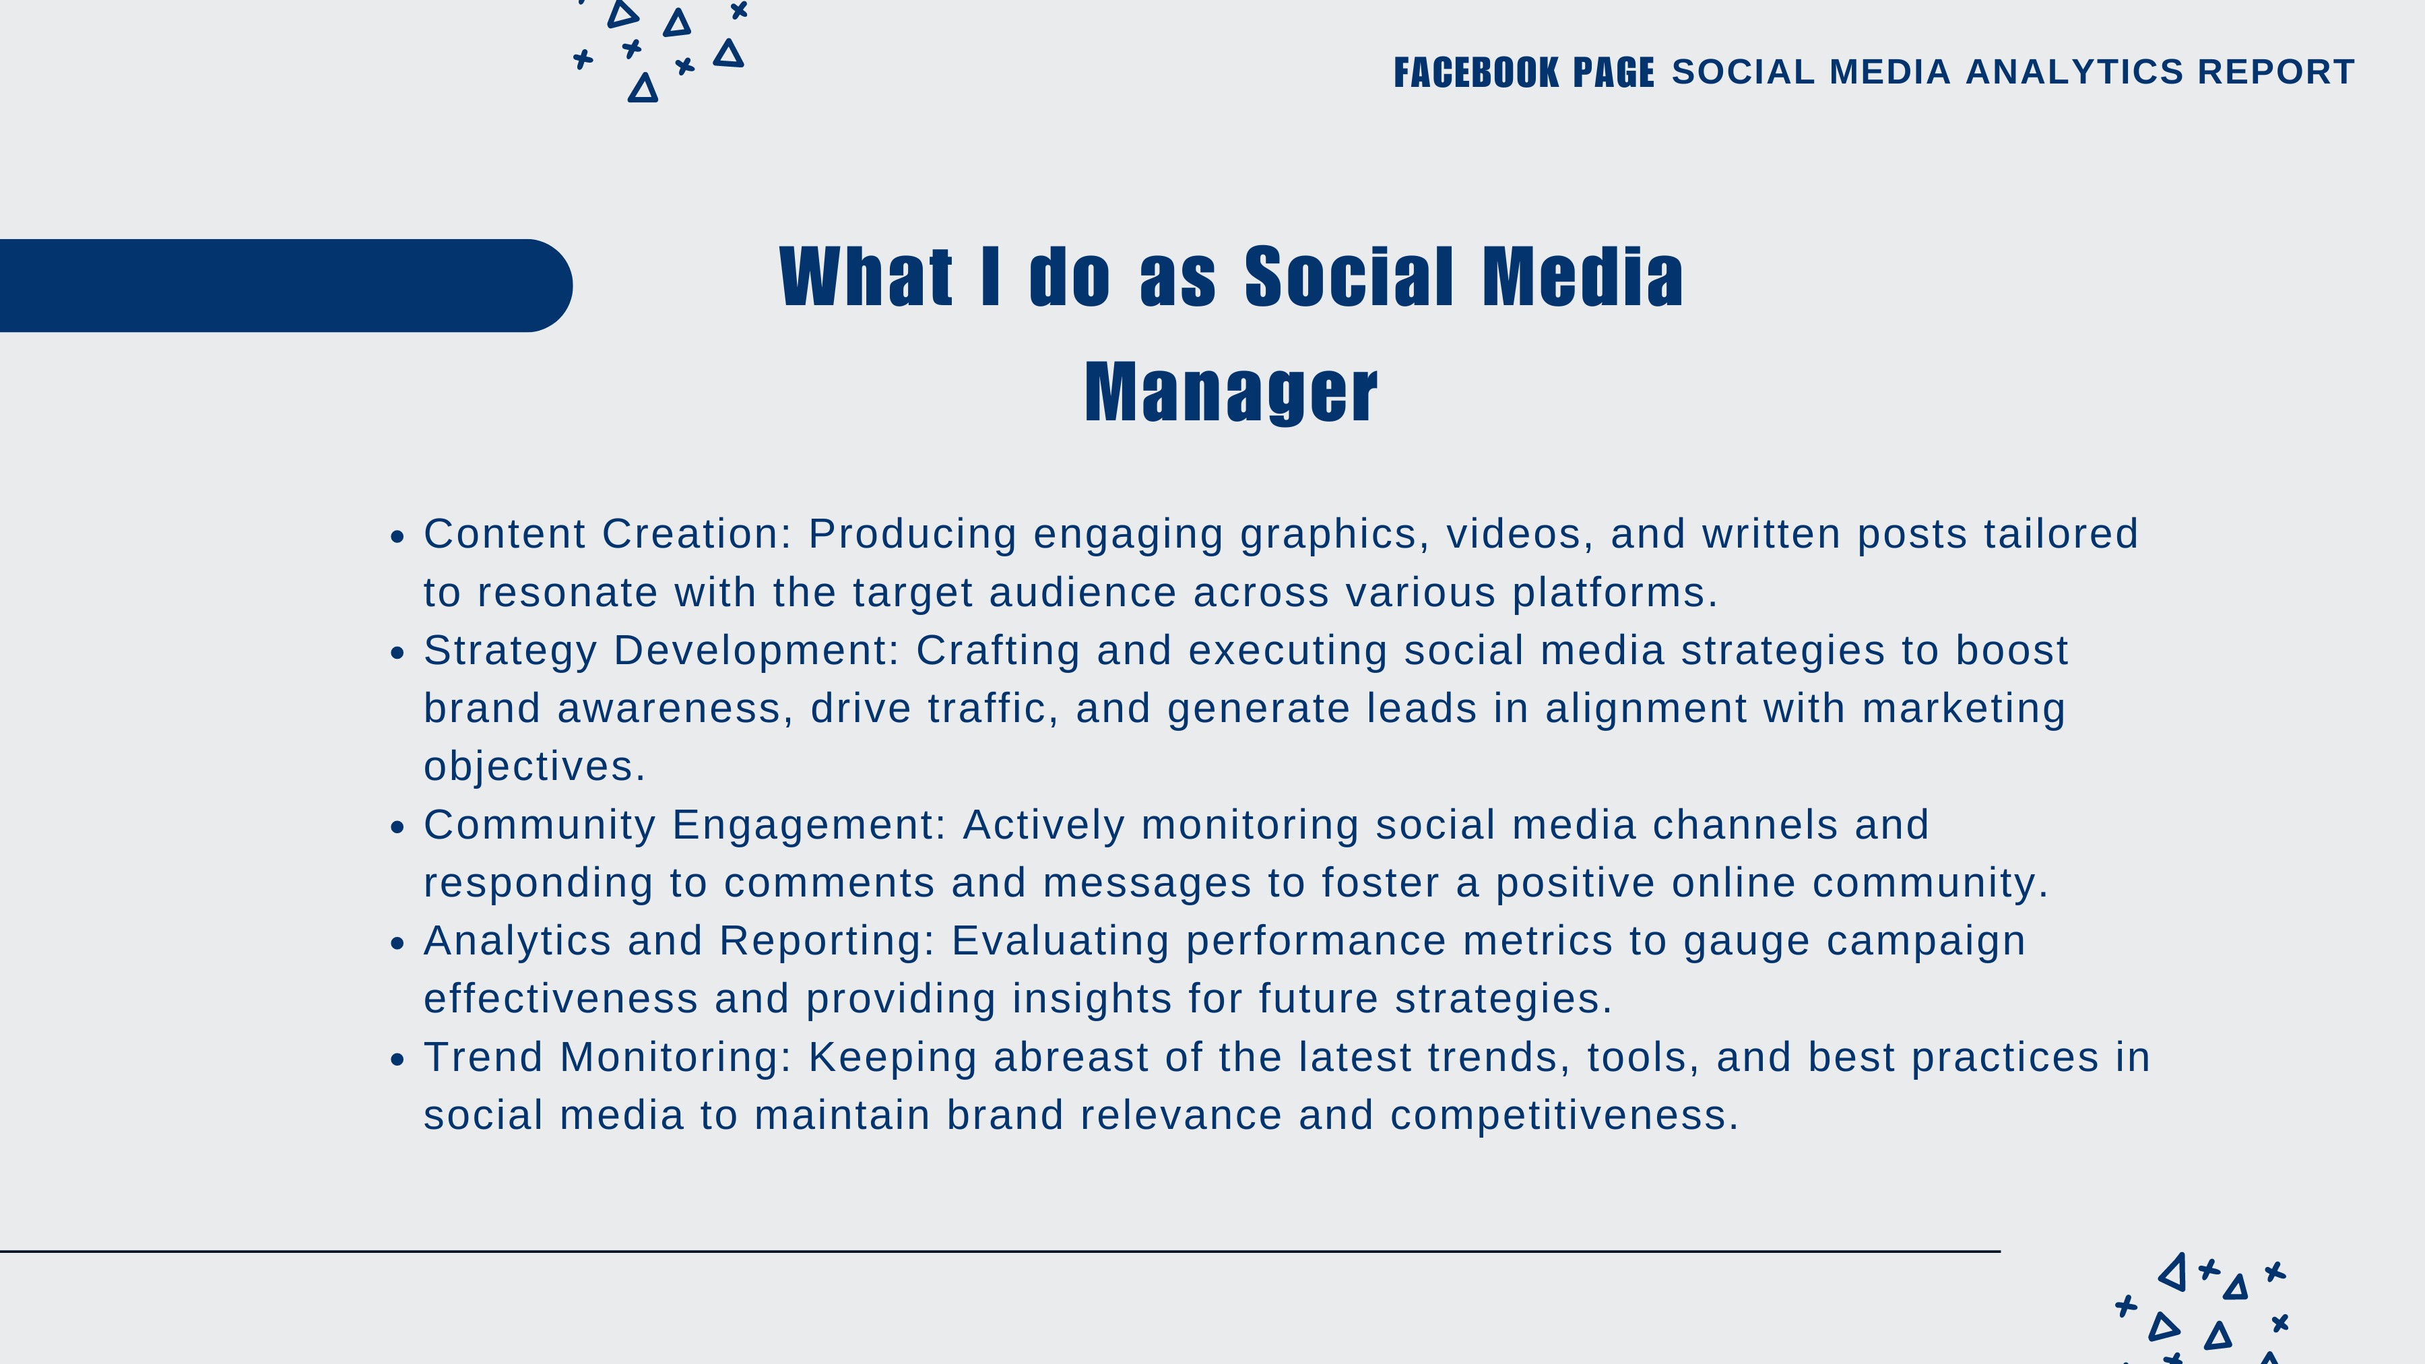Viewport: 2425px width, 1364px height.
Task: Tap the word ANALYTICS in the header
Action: pos(2074,71)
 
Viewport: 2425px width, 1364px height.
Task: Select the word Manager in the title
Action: pos(1231,393)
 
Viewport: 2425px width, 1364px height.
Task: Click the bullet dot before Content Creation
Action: pos(397,537)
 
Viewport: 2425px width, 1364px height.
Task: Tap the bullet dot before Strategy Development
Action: pos(397,652)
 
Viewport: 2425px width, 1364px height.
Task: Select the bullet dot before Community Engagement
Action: pos(397,826)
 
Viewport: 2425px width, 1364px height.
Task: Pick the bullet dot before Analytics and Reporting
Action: pos(397,942)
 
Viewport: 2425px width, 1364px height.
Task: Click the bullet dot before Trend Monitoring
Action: pos(397,1059)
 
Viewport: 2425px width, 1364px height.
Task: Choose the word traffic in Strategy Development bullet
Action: pos(992,708)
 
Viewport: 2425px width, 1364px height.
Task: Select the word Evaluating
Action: pos(1060,942)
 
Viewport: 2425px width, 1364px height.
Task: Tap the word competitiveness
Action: pos(1563,1116)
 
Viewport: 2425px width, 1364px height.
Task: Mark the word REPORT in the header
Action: pos(2276,71)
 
